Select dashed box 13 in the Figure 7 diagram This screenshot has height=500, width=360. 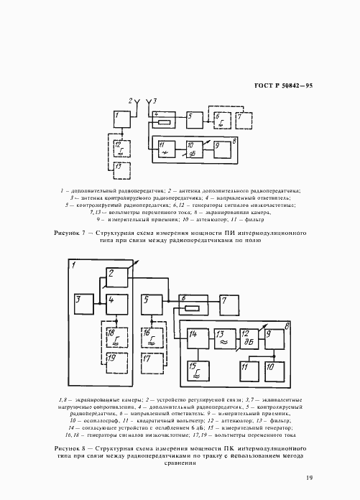[121, 171]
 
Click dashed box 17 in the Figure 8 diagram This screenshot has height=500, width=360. [152, 364]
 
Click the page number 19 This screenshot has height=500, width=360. [308, 477]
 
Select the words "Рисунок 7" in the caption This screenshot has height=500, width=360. [71, 234]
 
